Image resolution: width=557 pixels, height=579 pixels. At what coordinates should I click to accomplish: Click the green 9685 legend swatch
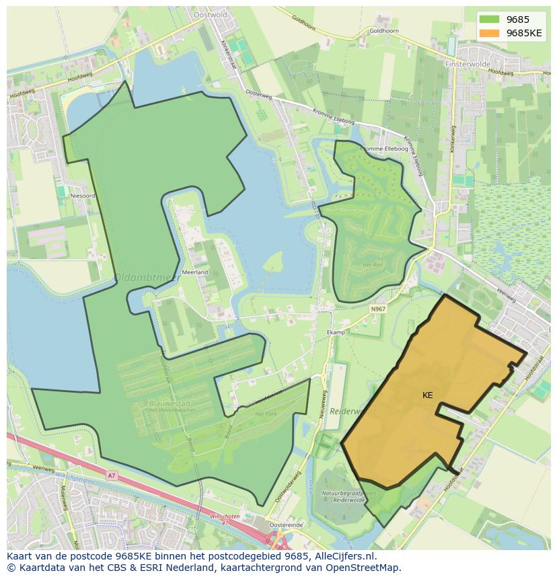(x=489, y=20)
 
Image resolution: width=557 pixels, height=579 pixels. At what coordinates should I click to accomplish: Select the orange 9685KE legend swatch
(x=489, y=33)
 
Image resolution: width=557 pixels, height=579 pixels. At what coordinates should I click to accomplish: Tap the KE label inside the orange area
(x=427, y=395)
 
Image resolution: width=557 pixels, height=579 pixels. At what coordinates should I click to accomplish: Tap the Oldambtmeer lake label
(x=137, y=277)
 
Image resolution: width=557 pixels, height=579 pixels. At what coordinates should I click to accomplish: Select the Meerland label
(x=195, y=272)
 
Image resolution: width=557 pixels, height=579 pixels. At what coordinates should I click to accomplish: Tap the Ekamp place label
(x=335, y=332)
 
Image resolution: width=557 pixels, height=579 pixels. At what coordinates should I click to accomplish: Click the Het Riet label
(x=372, y=265)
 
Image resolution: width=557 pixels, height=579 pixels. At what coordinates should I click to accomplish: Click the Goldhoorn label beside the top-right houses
(x=384, y=31)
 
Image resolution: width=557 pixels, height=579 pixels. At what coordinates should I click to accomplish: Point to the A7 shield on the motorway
(x=111, y=475)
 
